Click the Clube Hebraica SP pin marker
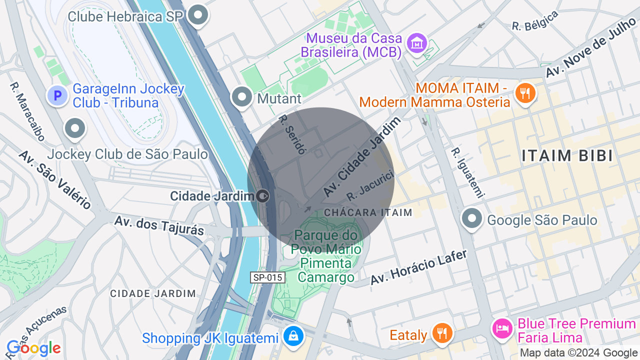(198, 15)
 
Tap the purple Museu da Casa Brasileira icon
(416, 43)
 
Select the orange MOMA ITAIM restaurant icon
(525, 93)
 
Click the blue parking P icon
(57, 95)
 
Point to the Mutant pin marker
(242, 96)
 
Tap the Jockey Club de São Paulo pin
(75, 128)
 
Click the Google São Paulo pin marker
(471, 218)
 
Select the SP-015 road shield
(267, 277)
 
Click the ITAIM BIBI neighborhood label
(567, 155)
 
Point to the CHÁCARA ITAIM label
(368, 212)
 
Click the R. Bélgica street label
(535, 21)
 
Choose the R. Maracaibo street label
(27, 111)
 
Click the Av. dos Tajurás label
(159, 225)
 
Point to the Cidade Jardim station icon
(262, 195)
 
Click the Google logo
(33, 348)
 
